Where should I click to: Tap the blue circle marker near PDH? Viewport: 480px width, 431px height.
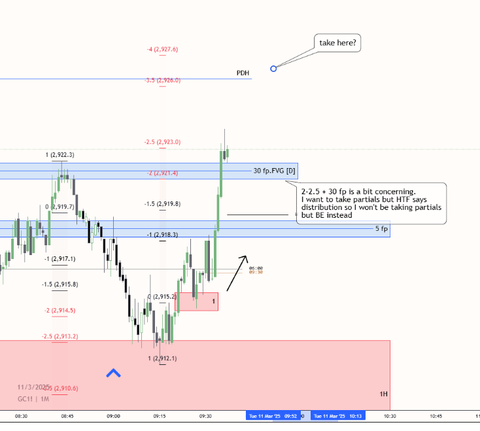273,68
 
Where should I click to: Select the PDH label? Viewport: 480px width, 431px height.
243,73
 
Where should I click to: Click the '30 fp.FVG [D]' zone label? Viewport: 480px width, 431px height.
275,171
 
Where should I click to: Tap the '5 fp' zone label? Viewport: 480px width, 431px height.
381,229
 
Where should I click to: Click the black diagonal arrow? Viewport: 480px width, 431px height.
237,273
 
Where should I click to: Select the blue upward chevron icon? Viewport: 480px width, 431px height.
114,373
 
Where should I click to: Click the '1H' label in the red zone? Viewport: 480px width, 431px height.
383,394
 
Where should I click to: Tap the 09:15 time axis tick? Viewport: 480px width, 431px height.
160,415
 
